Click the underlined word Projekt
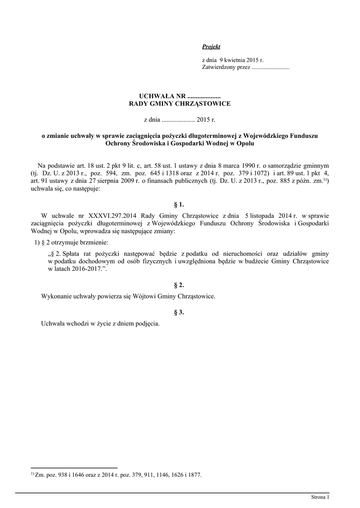[x=211, y=46]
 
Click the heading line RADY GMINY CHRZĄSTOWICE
[x=180, y=104]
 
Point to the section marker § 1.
[x=180, y=204]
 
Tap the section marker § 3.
[x=180, y=312]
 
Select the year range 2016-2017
[x=85, y=268]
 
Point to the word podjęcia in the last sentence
[x=147, y=323]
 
